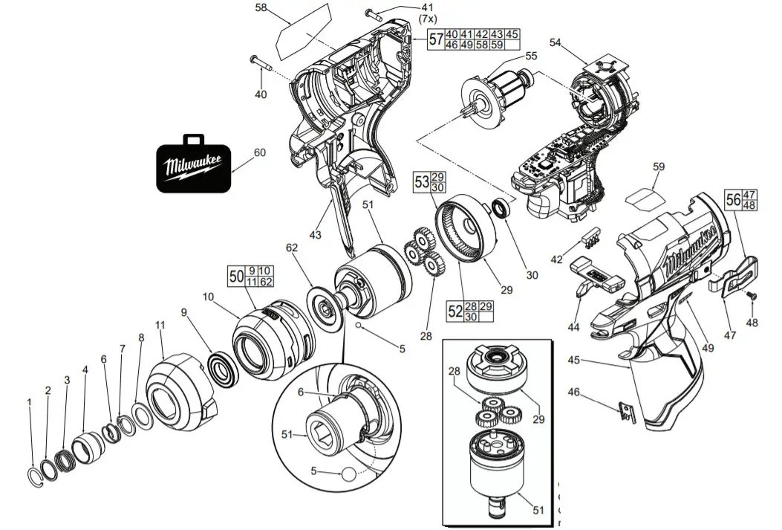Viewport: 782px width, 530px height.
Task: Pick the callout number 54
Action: (555, 42)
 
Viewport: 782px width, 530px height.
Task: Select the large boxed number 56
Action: (732, 199)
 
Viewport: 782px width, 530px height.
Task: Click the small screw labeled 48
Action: (751, 295)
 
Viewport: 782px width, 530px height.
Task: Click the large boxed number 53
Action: (421, 182)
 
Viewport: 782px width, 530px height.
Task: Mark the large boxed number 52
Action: (455, 311)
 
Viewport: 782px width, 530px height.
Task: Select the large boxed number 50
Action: (236, 277)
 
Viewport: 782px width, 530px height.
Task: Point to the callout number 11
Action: (159, 325)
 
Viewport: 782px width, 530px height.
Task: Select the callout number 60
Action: (259, 152)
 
